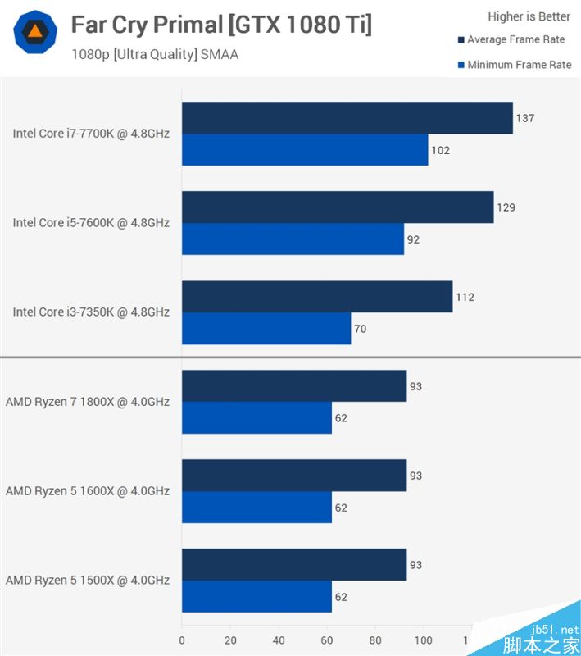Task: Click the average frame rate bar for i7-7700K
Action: tap(347, 118)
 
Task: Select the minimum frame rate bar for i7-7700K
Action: tap(305, 150)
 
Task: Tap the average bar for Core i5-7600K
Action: tap(338, 207)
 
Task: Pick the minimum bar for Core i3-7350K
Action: tap(266, 329)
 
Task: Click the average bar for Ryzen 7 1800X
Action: tap(294, 386)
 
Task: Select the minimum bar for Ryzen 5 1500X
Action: tap(256, 597)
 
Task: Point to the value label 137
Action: tap(524, 118)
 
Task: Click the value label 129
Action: tap(506, 207)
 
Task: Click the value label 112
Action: tap(465, 297)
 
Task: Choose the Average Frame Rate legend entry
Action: tap(515, 39)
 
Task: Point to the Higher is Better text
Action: tap(529, 16)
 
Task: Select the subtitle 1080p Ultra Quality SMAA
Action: tap(154, 56)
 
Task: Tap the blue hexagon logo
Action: tap(35, 32)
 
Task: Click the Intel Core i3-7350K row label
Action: tap(91, 312)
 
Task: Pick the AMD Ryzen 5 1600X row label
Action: tap(88, 491)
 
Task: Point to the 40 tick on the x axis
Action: tap(279, 640)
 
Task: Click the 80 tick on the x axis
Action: tap(375, 640)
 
